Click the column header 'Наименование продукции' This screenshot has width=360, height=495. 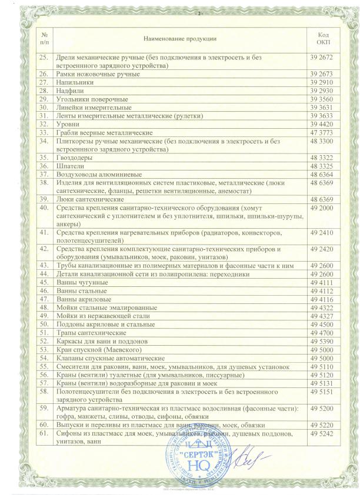[x=179, y=39]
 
